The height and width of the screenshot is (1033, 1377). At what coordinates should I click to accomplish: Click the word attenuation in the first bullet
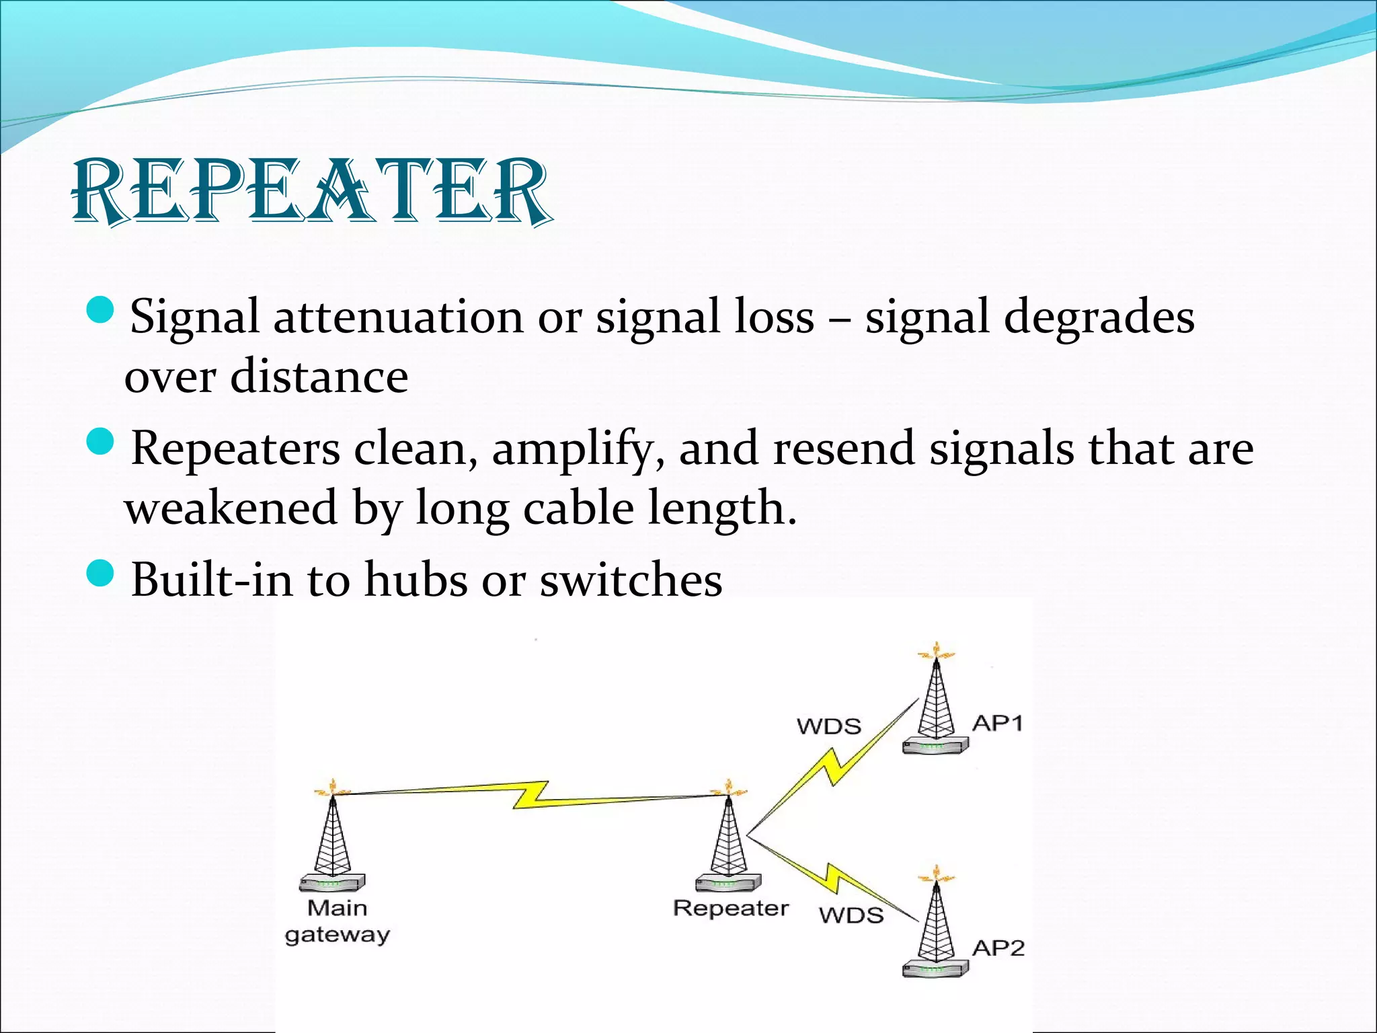coord(397,316)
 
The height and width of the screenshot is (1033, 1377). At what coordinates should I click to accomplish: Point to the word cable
coord(578,508)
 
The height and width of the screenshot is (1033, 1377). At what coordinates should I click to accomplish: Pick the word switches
coord(631,580)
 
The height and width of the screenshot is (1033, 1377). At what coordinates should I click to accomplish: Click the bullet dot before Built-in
coord(102,573)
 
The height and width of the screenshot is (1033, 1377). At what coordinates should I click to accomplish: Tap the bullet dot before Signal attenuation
coord(102,310)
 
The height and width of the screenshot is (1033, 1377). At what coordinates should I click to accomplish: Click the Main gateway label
coord(337,921)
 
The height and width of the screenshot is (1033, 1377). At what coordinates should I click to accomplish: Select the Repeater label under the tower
coord(730,908)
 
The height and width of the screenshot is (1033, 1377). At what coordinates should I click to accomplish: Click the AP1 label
coord(997,724)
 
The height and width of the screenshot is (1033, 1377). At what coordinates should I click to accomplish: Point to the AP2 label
coord(998,948)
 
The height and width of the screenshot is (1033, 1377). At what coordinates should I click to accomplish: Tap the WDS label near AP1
coord(828,726)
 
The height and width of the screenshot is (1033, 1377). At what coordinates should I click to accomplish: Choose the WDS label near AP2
coord(851,915)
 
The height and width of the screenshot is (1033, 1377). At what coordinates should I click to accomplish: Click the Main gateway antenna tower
coord(332,837)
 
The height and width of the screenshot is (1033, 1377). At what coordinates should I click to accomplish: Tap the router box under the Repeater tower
coord(728,883)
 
